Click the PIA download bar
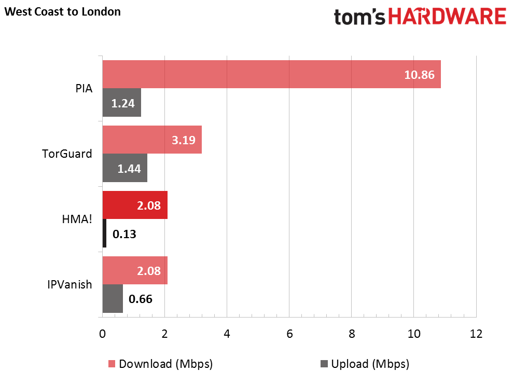pyautogui.click(x=272, y=74)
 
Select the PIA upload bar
pyautogui.click(x=122, y=102)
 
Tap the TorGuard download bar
pyautogui.click(x=152, y=140)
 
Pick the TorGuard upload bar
pyautogui.click(x=125, y=168)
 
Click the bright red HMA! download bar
pyautogui.click(x=135, y=205)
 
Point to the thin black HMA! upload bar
pyautogui.click(x=104, y=233)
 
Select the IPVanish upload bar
pyautogui.click(x=113, y=298)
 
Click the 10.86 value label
pyautogui.click(x=419, y=75)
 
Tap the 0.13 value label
pyautogui.click(x=124, y=234)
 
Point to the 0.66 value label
pyautogui.click(x=141, y=299)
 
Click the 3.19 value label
pyautogui.click(x=184, y=140)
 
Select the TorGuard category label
pyautogui.click(x=67, y=154)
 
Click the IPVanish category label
pyautogui.click(x=70, y=284)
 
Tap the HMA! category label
pyautogui.click(x=77, y=219)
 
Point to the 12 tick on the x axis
pyautogui.click(x=476, y=334)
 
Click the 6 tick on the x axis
pyautogui.click(x=289, y=334)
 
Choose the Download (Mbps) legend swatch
pyautogui.click(x=112, y=364)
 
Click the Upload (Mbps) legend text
pyautogui.click(x=370, y=364)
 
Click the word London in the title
pyautogui.click(x=101, y=12)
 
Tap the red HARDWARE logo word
pyautogui.click(x=447, y=17)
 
